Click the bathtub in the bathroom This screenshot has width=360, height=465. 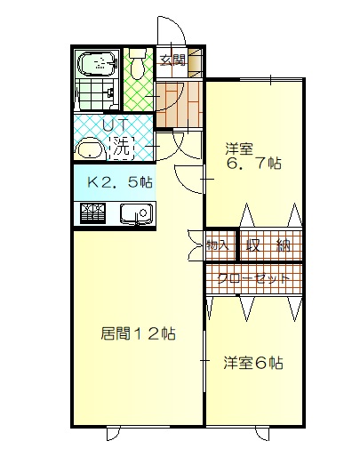tap(97, 64)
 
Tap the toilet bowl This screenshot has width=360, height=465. tap(137, 65)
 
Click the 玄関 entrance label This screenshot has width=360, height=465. tap(172, 60)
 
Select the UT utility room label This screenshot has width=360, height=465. tap(116, 124)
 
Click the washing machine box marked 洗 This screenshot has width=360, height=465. tap(122, 148)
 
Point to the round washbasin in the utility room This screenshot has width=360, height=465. tap(91, 149)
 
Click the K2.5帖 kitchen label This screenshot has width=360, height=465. tap(120, 182)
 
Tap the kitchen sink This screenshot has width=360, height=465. tap(136, 213)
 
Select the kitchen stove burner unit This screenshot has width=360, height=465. tap(92, 213)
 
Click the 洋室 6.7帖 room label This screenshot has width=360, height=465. tap(253, 156)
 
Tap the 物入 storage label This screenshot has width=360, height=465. tap(218, 245)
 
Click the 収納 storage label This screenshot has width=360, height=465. tap(268, 245)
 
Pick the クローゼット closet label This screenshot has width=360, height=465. tap(253, 278)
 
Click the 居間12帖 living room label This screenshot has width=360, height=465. tap(138, 333)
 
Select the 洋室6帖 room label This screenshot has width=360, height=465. tap(253, 363)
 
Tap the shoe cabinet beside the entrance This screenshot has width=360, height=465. tap(196, 62)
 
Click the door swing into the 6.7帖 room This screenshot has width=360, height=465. tap(189, 180)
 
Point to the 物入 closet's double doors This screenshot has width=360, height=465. tap(196, 245)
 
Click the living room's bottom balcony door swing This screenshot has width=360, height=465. tap(114, 434)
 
